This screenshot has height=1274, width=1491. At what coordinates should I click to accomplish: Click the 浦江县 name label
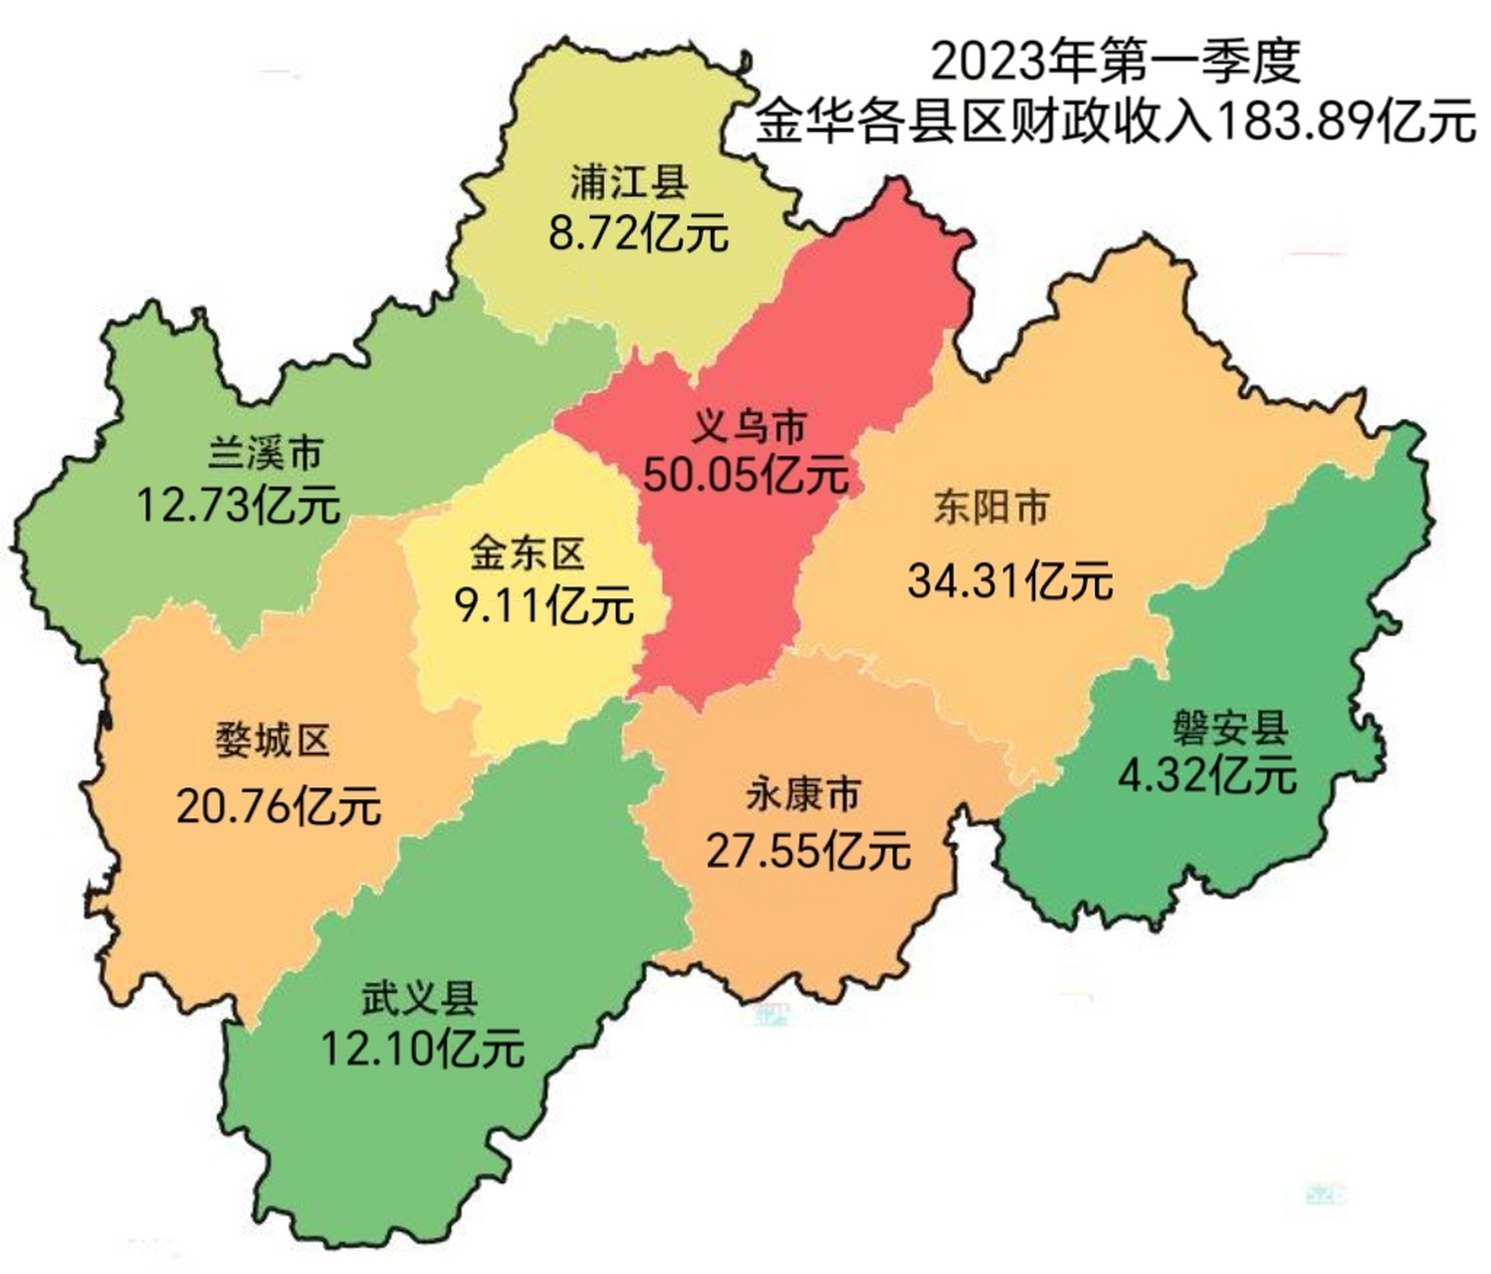[629, 184]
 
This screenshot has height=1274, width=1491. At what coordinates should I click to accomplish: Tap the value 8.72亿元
[638, 235]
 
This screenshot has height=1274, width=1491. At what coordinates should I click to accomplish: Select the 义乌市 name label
[748, 428]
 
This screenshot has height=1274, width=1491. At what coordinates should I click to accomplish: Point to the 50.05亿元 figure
[745, 475]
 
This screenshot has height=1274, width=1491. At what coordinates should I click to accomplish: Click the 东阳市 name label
[991, 508]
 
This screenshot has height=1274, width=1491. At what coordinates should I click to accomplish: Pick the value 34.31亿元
[1010, 581]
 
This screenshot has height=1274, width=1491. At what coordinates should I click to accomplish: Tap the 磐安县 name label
[1230, 729]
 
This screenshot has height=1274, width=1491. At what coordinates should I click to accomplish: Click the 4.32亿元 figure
[1207, 775]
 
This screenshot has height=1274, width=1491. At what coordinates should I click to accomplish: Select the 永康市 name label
[803, 795]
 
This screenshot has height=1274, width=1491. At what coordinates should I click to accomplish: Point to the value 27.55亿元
[808, 852]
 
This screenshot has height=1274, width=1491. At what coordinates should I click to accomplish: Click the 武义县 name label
[419, 998]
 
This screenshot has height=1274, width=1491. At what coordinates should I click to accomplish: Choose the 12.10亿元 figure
[422, 1049]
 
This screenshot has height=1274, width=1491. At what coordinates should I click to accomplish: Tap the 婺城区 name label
[273, 742]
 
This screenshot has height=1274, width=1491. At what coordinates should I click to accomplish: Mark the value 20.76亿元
[279, 805]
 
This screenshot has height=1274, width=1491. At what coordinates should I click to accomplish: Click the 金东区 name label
[527, 554]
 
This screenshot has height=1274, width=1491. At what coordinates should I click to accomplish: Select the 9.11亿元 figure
[544, 605]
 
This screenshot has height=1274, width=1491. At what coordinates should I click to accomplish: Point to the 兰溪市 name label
[266, 454]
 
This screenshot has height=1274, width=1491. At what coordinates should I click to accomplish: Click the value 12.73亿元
[238, 505]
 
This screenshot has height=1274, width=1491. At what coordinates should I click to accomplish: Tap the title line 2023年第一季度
[1116, 62]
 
